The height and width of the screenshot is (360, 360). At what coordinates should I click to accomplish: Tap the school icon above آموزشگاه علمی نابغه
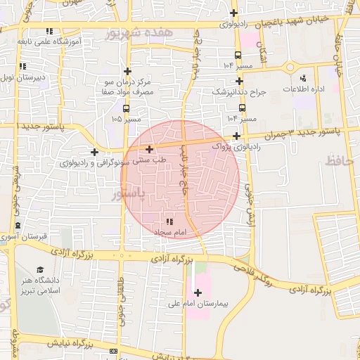(49, 31)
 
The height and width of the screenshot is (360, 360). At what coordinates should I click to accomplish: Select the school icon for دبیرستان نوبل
(23, 67)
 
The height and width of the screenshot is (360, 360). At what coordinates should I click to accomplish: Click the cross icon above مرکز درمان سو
(127, 71)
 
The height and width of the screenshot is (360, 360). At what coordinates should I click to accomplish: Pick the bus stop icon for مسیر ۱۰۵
(126, 108)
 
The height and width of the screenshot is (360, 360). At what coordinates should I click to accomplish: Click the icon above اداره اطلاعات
(303, 78)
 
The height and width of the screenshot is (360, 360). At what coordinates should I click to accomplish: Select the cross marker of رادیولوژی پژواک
(236, 136)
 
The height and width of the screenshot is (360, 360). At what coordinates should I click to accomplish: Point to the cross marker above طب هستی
(149, 149)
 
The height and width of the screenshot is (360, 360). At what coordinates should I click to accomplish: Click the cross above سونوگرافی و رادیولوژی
(94, 152)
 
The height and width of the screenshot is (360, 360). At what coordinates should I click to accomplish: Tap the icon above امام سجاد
(169, 222)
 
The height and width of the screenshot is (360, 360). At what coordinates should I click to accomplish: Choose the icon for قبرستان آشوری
(18, 226)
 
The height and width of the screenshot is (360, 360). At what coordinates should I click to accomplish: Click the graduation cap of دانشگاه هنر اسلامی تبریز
(40, 269)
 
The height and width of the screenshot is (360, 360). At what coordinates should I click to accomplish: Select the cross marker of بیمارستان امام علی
(197, 292)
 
